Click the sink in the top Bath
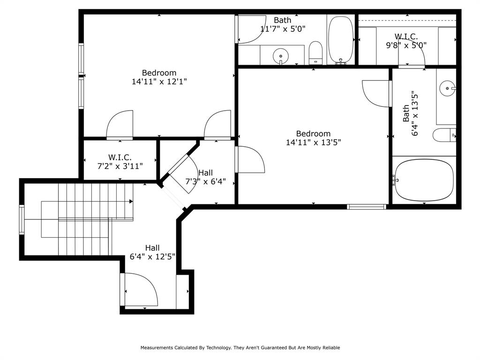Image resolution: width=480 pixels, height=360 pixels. [281, 56]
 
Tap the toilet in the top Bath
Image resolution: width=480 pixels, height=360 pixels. [316, 52]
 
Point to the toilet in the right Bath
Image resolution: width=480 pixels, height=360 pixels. [443, 135]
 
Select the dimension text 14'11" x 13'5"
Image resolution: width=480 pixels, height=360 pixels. [313, 142]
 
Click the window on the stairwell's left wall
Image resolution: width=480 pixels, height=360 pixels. [21, 219]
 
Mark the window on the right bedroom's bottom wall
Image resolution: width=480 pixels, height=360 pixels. [366, 207]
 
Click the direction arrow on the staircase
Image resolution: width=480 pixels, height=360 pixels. [131, 202]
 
